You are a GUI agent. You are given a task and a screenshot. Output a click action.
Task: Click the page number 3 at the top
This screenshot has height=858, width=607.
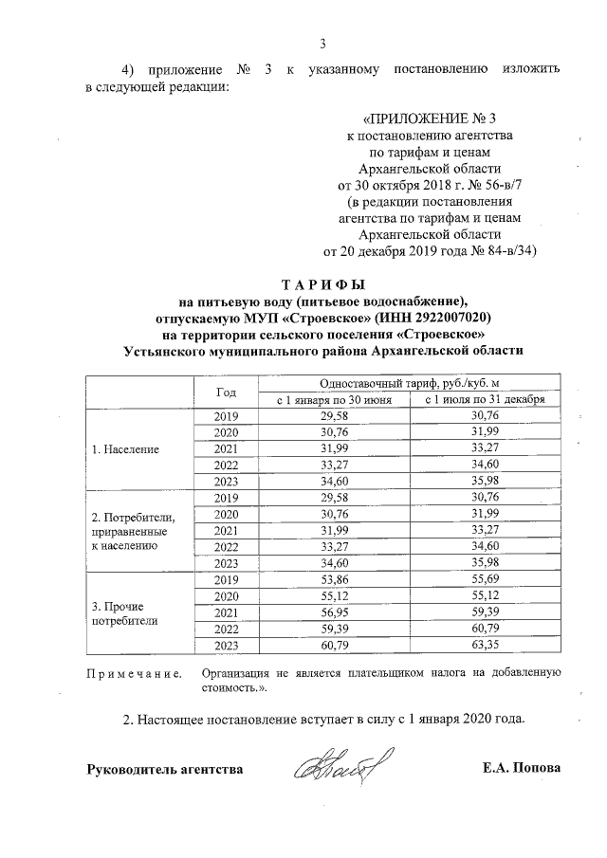[x=323, y=42]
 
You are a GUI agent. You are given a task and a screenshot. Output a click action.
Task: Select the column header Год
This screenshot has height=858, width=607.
[x=226, y=392]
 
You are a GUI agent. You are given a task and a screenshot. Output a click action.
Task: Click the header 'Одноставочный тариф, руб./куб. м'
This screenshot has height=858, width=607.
[x=408, y=383]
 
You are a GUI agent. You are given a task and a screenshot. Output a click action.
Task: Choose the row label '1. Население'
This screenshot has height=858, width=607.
[x=124, y=448]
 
